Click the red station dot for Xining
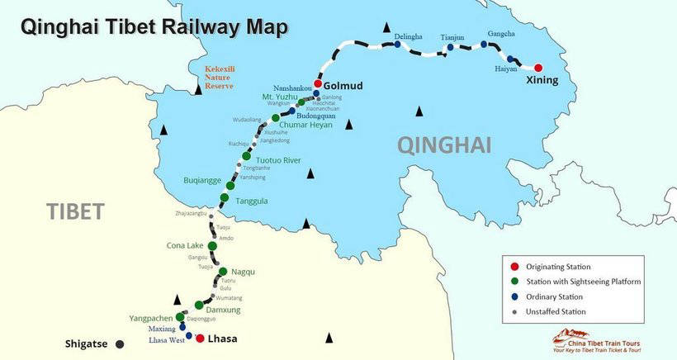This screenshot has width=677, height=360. click(x=538, y=68)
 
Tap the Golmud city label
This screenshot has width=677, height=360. click(x=343, y=85)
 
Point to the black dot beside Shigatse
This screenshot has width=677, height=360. click(x=120, y=343)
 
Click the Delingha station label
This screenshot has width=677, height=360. click(x=408, y=37)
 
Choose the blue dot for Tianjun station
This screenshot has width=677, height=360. click(x=450, y=47)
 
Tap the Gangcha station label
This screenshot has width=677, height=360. click(x=501, y=33)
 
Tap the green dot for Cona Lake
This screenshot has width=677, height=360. click(x=213, y=245)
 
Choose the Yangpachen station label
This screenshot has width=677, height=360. click(x=150, y=318)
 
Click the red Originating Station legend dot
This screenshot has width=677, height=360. click(x=514, y=266)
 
